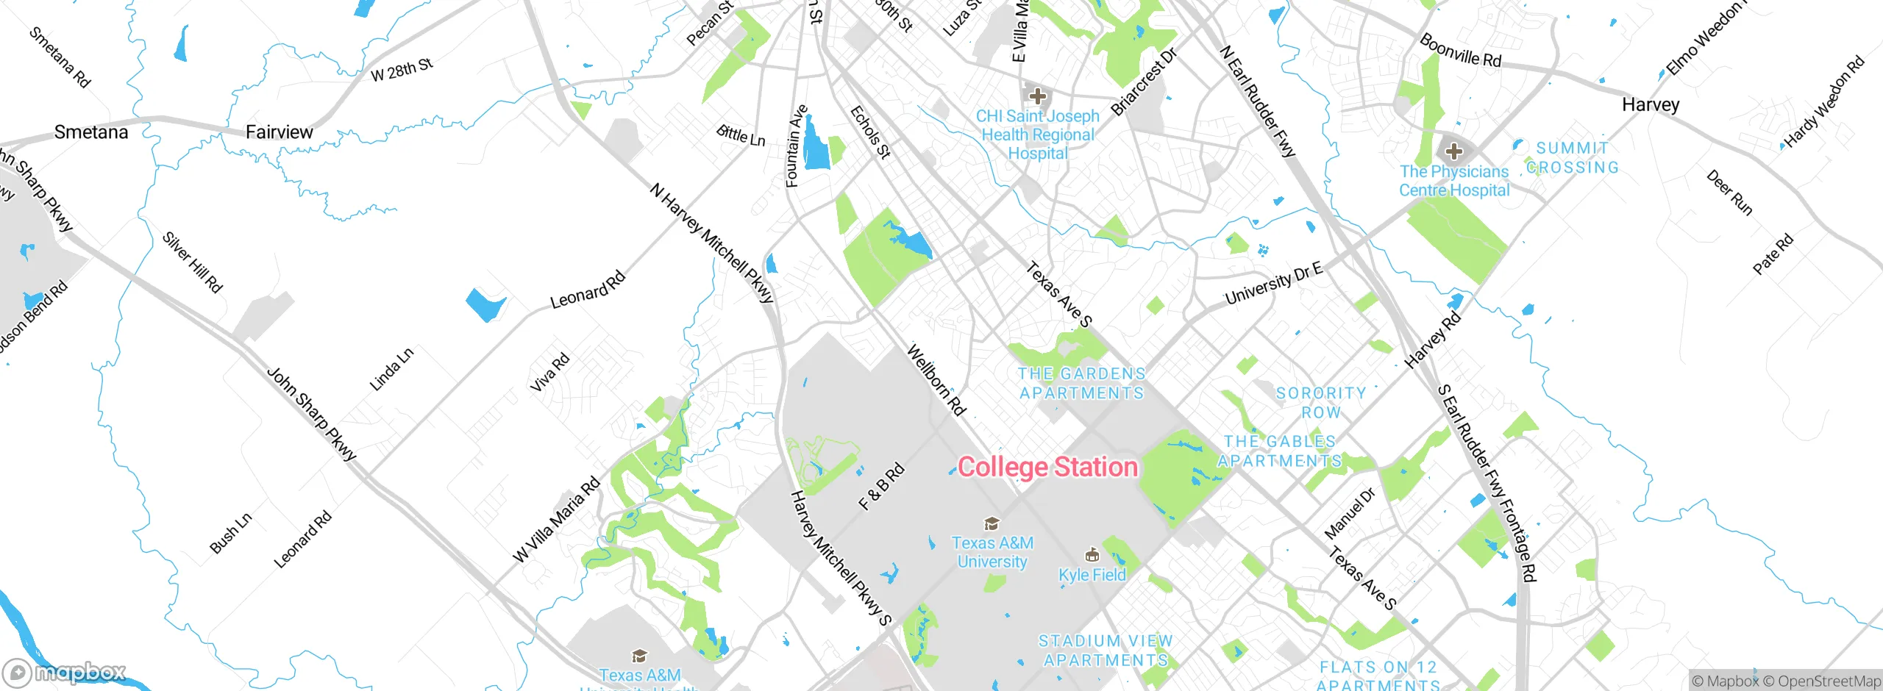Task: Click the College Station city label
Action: (1047, 468)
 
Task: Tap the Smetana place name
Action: (91, 132)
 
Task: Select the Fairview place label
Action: (279, 132)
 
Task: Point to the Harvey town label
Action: (1651, 104)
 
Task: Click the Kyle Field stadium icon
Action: (1092, 554)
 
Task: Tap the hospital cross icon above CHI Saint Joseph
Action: (1038, 96)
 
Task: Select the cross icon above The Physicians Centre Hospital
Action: (1453, 151)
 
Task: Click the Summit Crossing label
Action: (1573, 158)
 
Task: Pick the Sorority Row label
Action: (1321, 403)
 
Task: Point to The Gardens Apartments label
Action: (1081, 383)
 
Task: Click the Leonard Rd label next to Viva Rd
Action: (588, 290)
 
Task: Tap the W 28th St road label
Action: (402, 70)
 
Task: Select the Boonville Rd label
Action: (1460, 51)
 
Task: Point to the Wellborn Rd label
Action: (936, 380)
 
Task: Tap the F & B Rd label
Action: (881, 487)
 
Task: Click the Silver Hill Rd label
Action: (192, 262)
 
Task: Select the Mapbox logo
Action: (65, 672)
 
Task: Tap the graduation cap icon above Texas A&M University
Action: (992, 523)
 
